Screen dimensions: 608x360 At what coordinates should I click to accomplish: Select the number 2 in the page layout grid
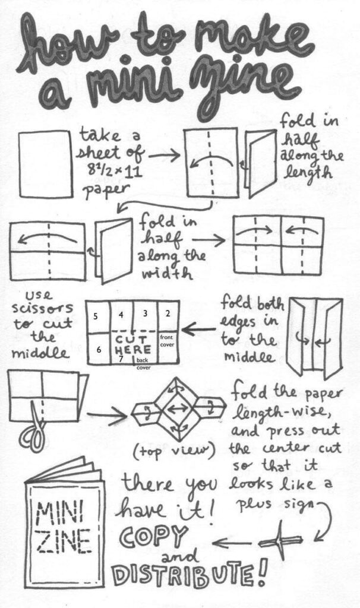point(168,313)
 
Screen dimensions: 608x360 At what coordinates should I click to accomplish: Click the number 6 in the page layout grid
point(99,350)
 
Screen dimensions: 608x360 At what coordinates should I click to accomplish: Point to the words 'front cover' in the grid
point(167,339)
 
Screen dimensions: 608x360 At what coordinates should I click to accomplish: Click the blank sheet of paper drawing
point(46,163)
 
